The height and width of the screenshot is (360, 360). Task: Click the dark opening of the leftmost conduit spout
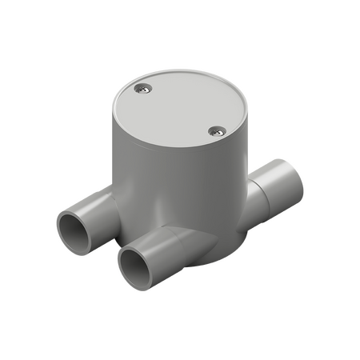coord(71,233)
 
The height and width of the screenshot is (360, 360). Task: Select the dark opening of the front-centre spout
coord(130,261)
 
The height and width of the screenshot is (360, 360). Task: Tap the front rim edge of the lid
coord(160,145)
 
